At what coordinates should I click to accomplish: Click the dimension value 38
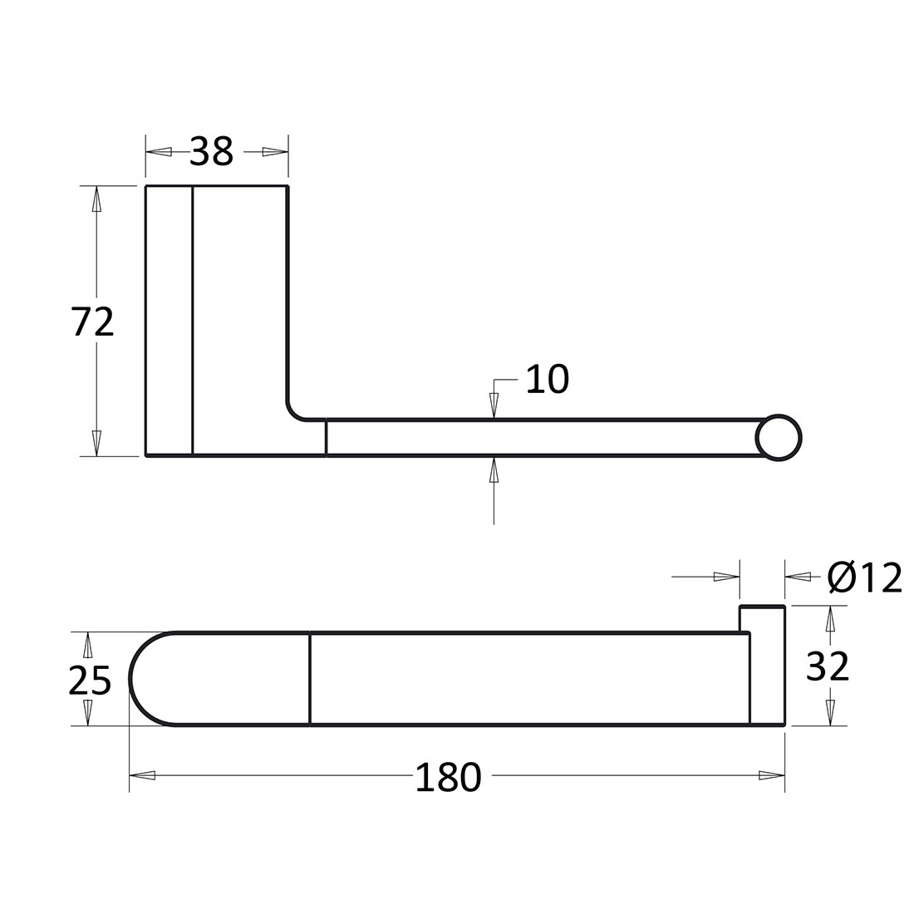click(211, 151)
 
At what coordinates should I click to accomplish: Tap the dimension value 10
click(547, 379)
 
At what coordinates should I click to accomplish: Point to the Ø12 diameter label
click(864, 577)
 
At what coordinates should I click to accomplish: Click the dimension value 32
click(827, 666)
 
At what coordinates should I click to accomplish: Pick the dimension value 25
click(90, 681)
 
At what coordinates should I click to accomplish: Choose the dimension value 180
click(448, 777)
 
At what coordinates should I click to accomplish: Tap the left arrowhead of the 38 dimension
click(159, 152)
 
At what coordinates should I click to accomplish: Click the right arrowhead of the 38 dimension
click(275, 152)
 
